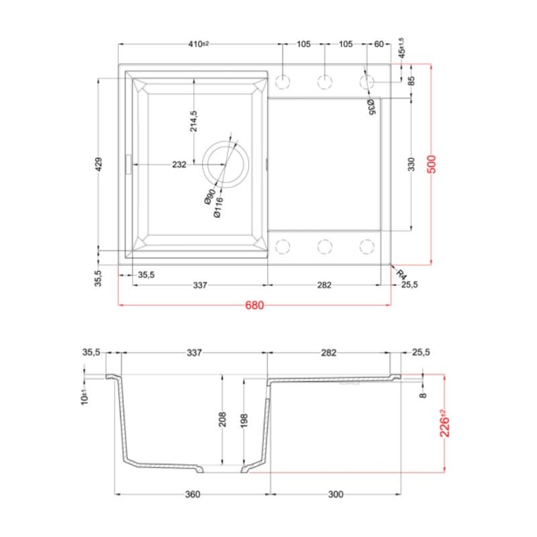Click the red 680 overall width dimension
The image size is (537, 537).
pyautogui.click(x=254, y=305)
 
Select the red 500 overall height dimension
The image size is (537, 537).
pyautogui.click(x=432, y=164)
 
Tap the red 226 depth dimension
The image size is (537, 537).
pyautogui.click(x=444, y=424)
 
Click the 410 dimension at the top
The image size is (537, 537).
pyautogui.click(x=198, y=44)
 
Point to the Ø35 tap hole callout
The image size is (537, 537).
pyautogui.click(x=371, y=107)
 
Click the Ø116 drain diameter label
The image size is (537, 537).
pyautogui.click(x=218, y=207)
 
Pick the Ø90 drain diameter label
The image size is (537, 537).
pyautogui.click(x=210, y=197)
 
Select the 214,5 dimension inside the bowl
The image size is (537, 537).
pyautogui.click(x=194, y=121)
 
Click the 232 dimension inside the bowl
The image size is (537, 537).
pyautogui.click(x=179, y=164)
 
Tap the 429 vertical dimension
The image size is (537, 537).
pyautogui.click(x=98, y=164)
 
